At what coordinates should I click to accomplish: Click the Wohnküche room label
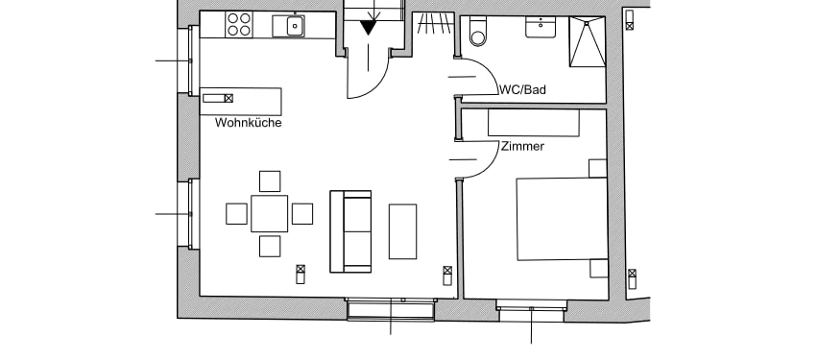coord(249,123)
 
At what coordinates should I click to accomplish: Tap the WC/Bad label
coord(522,89)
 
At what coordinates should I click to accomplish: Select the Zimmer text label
coord(522,147)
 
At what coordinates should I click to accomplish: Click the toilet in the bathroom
coord(478,32)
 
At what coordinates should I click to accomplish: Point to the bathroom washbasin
coord(541,27)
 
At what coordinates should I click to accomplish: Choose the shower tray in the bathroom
coord(588,41)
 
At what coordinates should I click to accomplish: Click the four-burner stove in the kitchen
coord(239,25)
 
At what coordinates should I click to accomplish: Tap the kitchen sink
coord(289,26)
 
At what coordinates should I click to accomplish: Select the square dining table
coord(269,213)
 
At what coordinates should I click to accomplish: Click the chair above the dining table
coord(270,181)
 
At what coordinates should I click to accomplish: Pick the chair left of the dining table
coord(236,214)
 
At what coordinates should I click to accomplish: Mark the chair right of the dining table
coord(302,214)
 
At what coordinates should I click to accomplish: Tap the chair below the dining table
coord(270,247)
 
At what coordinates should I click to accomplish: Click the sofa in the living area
coord(350,231)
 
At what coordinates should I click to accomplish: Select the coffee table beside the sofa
coord(402,231)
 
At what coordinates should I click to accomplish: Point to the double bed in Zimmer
coord(563,219)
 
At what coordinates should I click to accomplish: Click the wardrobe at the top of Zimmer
coord(534,123)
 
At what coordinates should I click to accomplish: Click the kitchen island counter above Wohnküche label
coord(241,102)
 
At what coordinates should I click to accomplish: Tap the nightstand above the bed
coord(598,169)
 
